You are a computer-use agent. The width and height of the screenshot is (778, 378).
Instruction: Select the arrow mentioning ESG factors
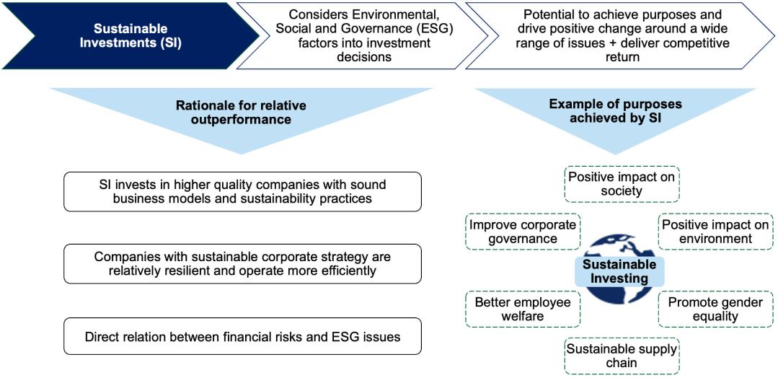(362, 36)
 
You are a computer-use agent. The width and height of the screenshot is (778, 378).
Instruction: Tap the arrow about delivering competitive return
(620, 36)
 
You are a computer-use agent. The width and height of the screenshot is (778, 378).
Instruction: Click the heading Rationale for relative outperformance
(241, 113)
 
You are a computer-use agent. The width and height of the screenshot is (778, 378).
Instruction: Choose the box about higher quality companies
(242, 192)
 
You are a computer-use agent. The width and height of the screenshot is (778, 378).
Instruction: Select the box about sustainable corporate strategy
(242, 264)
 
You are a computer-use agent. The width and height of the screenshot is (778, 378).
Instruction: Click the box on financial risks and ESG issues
(242, 336)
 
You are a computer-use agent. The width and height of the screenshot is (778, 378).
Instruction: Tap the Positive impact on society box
(622, 184)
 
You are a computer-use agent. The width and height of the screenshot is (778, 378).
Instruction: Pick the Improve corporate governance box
(523, 232)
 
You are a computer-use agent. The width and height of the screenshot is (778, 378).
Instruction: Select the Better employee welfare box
(523, 309)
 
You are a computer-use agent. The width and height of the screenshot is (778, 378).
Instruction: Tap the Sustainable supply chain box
(622, 356)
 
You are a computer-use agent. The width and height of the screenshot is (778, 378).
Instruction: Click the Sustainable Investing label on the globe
(619, 272)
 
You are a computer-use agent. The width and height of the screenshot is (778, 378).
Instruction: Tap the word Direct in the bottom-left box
(100, 337)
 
